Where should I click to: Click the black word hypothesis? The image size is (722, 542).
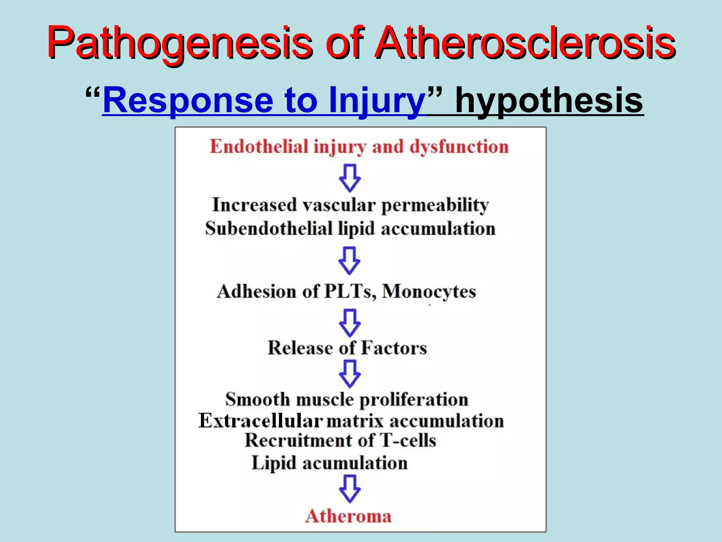(549, 100)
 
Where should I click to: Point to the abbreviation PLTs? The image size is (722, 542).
(350, 292)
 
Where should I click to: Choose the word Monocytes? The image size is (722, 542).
(429, 292)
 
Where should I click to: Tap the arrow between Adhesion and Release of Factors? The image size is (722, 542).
(349, 323)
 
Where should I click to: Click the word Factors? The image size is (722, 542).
(394, 348)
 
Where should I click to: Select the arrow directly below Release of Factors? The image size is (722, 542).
(349, 373)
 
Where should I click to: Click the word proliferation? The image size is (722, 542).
(414, 400)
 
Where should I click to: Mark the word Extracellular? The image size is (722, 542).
(260, 421)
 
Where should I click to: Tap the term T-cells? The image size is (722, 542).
(408, 440)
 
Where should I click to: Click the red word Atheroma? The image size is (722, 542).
(348, 516)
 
